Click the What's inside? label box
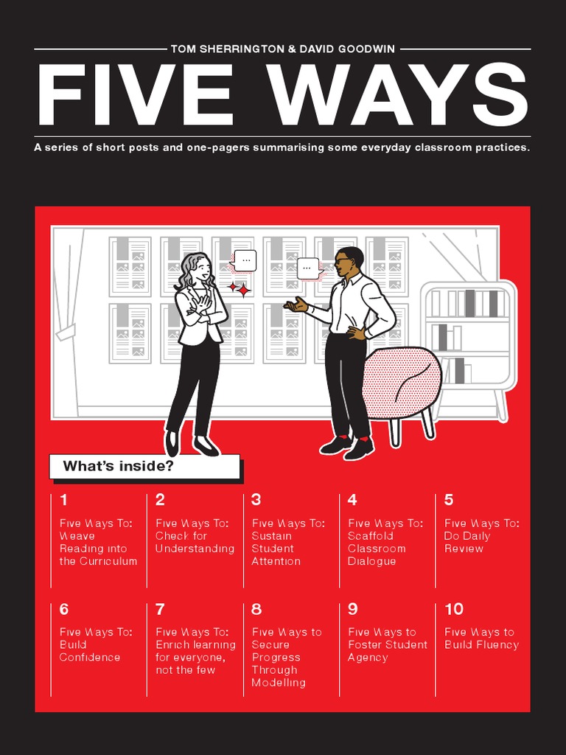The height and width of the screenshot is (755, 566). coord(144,466)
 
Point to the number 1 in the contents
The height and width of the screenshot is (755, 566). coord(63,500)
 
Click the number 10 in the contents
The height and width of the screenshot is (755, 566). coord(454,609)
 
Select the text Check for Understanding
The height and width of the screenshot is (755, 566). coord(195,543)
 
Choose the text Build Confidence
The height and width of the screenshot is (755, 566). coord(89,651)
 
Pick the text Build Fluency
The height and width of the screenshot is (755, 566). coord(481,645)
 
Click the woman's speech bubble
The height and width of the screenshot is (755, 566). coord(244,260)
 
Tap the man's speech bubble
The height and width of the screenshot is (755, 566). coord(308,268)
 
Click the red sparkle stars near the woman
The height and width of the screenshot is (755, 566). coord(239,288)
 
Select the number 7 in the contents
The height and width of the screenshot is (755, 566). coord(160,609)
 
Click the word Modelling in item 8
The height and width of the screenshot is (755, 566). coord(279,683)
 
